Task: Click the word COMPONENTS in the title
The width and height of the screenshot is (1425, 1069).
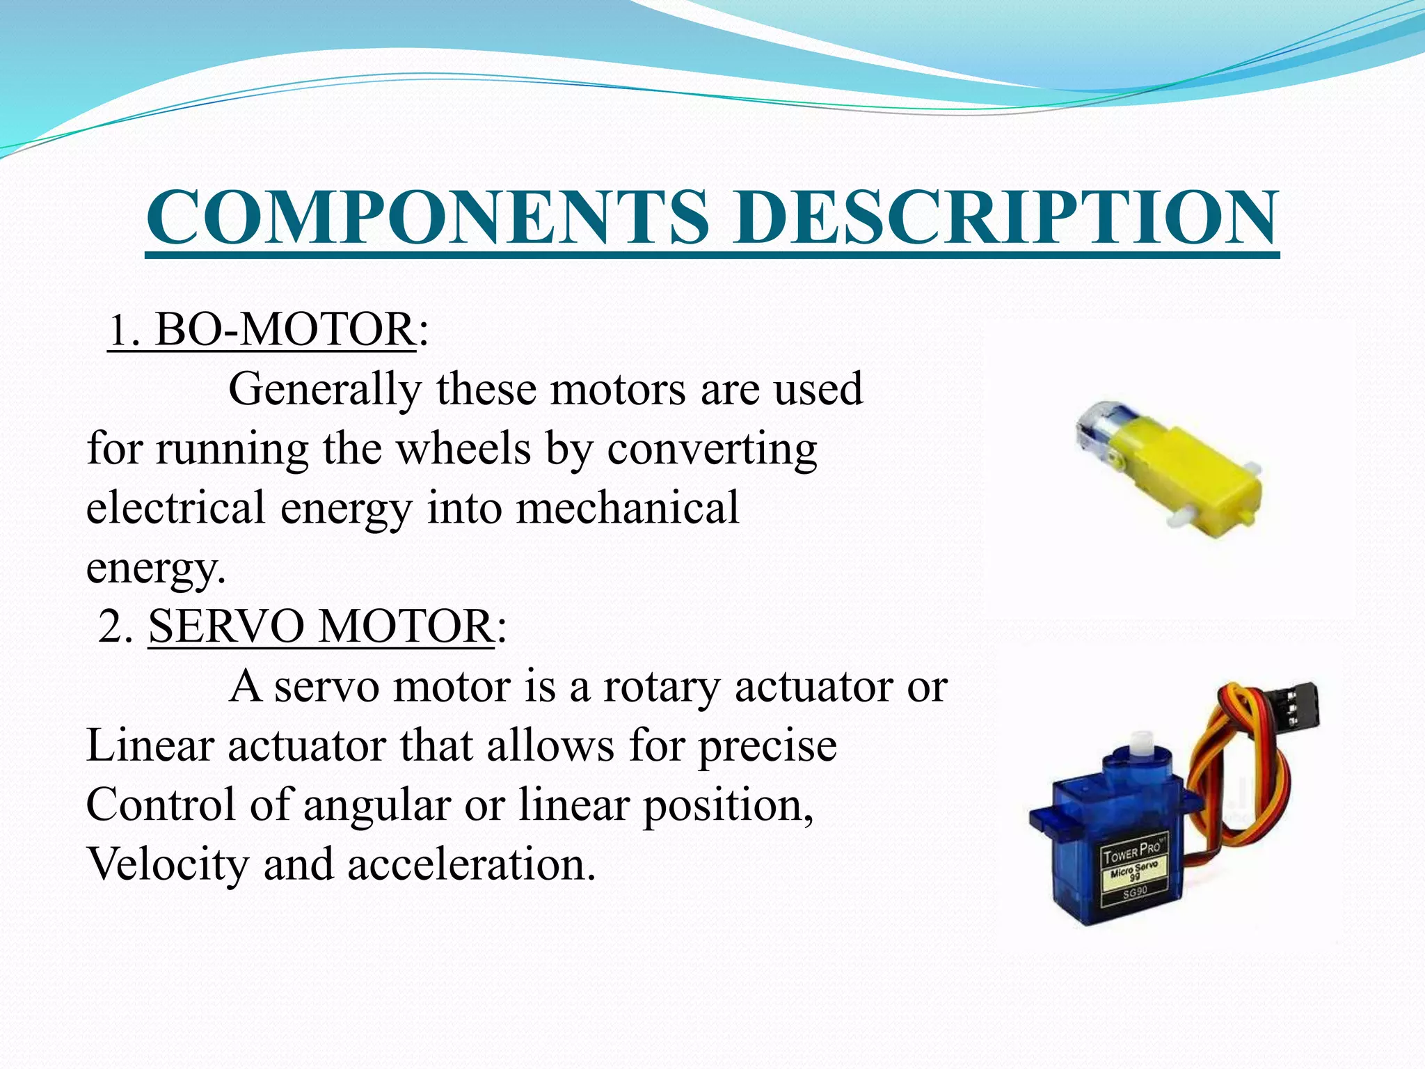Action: click(428, 217)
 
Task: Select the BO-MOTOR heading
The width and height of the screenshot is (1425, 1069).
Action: click(284, 329)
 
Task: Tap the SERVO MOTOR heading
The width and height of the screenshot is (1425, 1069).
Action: click(320, 626)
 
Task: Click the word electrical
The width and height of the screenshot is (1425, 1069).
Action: click(175, 507)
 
